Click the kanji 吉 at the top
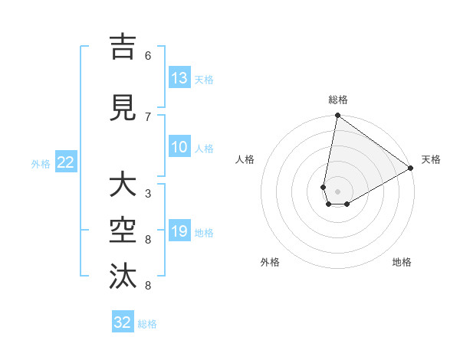click(123, 47)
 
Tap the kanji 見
click(123, 108)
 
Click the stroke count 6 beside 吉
click(148, 56)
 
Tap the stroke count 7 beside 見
click(148, 116)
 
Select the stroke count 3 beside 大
click(148, 193)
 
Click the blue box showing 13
click(179, 78)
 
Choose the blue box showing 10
click(179, 147)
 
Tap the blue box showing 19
click(179, 231)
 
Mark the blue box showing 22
click(66, 162)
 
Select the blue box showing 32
click(123, 322)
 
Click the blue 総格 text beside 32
click(148, 324)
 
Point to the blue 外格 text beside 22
click(41, 163)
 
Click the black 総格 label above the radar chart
click(338, 100)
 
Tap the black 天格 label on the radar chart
click(431, 159)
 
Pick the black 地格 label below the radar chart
click(402, 262)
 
